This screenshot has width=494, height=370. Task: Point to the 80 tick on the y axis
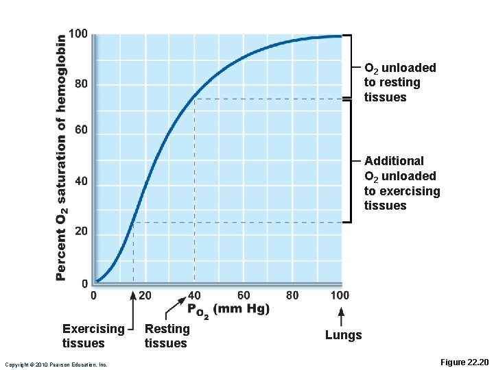click(81, 85)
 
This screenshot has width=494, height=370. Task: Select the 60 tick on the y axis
click(81, 130)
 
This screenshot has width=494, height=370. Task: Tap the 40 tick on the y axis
click(81, 182)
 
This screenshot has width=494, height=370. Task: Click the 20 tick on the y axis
click(81, 232)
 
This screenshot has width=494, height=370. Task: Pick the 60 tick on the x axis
click(244, 295)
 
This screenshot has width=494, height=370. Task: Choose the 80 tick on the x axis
click(292, 295)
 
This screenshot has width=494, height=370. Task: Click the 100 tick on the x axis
click(339, 295)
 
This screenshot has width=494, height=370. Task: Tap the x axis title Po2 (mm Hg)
click(228, 310)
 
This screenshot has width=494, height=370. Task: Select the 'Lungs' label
click(343, 334)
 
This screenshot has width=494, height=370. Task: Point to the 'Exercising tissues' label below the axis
click(93, 336)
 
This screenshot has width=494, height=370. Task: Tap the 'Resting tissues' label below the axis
click(167, 336)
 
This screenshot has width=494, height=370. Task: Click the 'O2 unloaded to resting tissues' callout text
click(399, 82)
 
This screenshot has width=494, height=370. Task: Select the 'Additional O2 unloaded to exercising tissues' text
click(401, 183)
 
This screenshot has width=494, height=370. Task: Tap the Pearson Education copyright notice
click(56, 365)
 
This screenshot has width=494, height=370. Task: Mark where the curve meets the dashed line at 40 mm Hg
click(195, 99)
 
